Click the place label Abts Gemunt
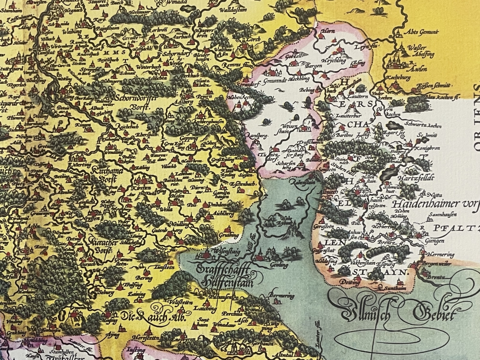(422, 32)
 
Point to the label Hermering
(440, 254)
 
